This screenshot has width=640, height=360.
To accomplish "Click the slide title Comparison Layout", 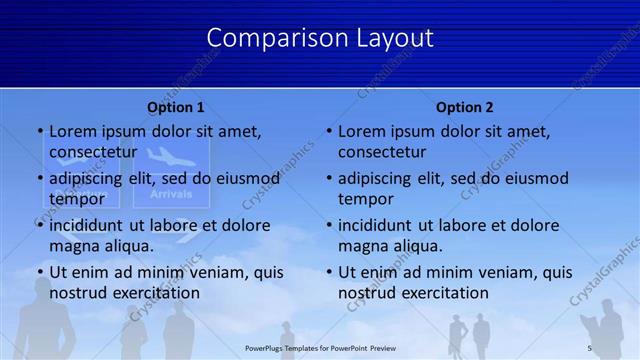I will coord(320,38).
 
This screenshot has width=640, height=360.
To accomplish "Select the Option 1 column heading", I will coord(176,107).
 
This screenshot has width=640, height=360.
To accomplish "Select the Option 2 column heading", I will coord(465,107).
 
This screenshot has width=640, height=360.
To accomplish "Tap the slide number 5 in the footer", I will coord(589,347).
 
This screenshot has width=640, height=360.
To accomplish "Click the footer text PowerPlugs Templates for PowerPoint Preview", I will coord(320,347).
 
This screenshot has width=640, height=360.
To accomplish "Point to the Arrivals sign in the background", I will coord(170,193).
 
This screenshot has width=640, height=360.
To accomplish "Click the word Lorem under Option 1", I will coord(72,131).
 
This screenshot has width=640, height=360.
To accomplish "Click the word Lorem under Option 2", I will coord(361,131).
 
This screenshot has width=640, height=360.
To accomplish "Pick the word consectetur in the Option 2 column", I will coord(382,152).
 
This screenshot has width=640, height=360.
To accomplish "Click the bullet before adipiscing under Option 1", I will coord(40,179).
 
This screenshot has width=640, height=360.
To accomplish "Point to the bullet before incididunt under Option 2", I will coord(329,226).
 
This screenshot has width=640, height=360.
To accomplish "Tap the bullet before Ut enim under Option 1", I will coord(40,272).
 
